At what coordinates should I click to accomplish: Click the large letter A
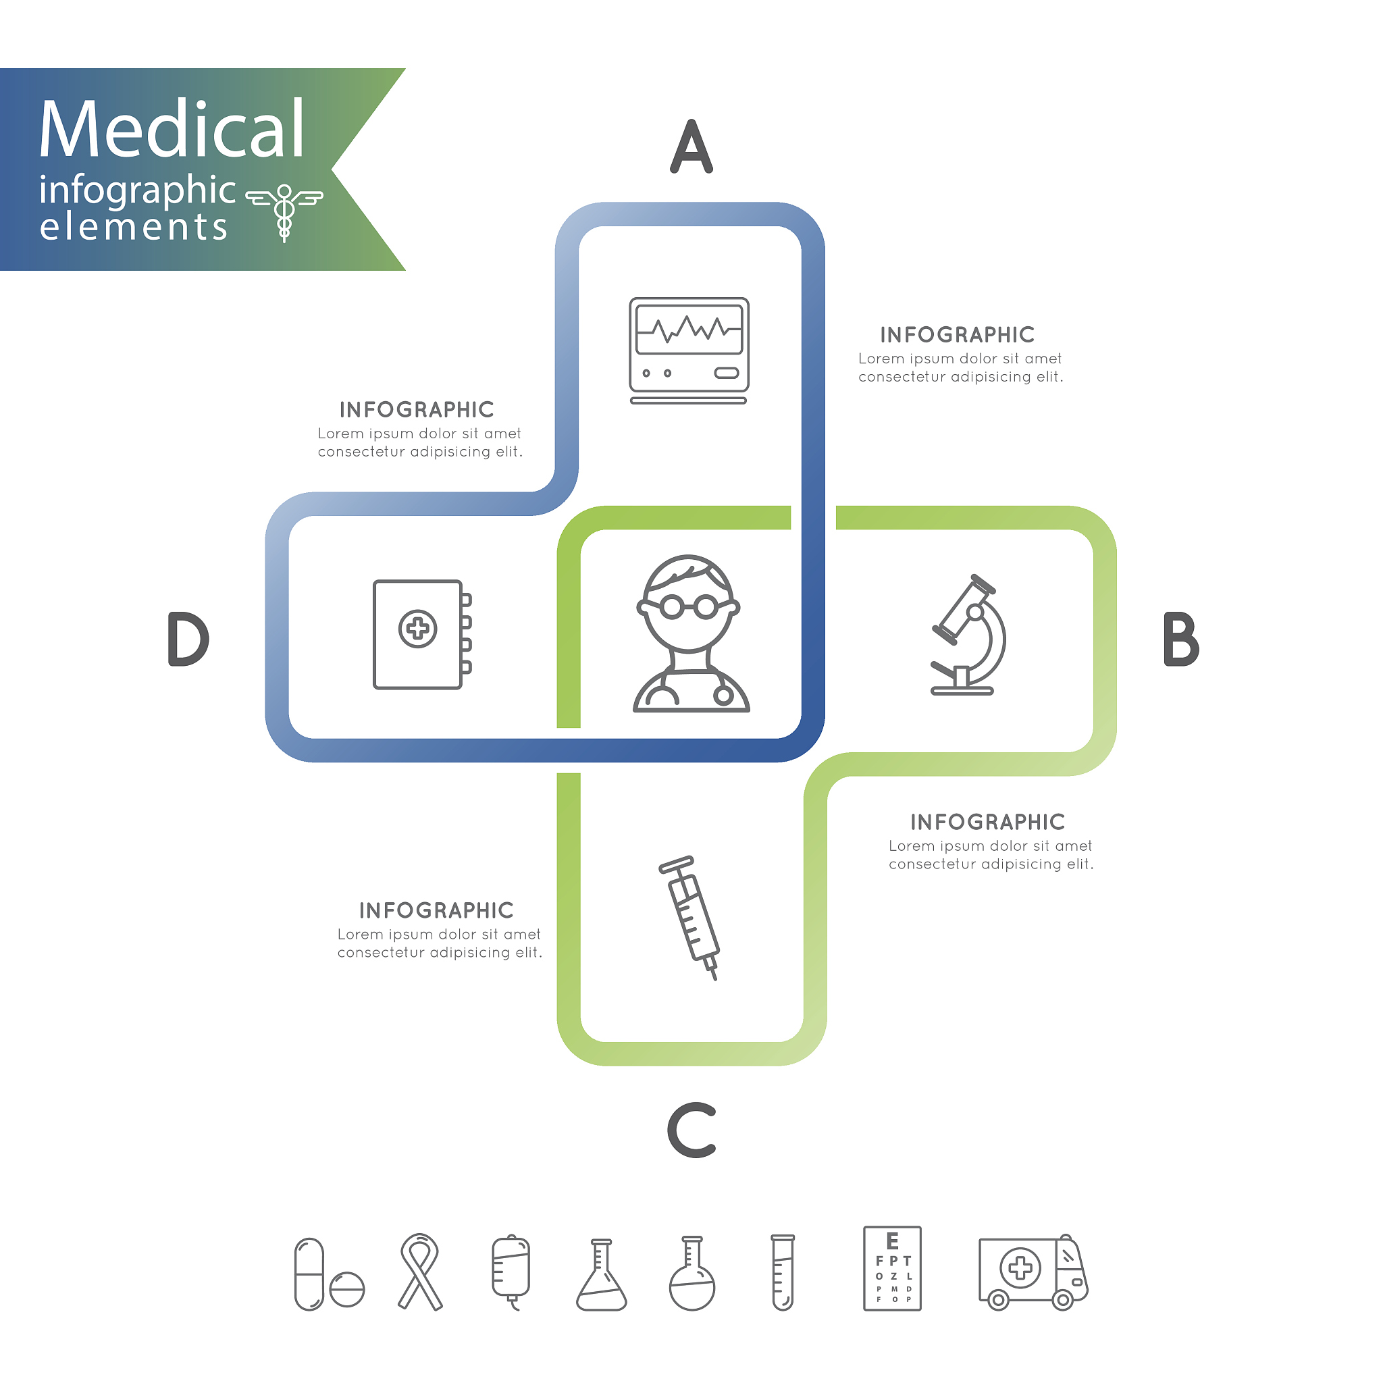(691, 147)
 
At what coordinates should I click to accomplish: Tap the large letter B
(1180, 640)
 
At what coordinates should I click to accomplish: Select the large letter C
(691, 1130)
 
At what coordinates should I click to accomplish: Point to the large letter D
(188, 640)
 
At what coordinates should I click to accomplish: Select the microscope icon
(968, 635)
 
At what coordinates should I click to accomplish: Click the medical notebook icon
(421, 634)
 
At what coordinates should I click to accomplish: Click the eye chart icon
(892, 1268)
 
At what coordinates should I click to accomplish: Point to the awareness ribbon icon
(420, 1272)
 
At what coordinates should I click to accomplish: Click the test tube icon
(783, 1272)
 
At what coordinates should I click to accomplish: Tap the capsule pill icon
(309, 1274)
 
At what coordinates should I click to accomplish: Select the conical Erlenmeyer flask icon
(601, 1275)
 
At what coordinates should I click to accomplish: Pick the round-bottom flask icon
(691, 1274)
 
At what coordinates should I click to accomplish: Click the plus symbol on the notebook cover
(417, 629)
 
